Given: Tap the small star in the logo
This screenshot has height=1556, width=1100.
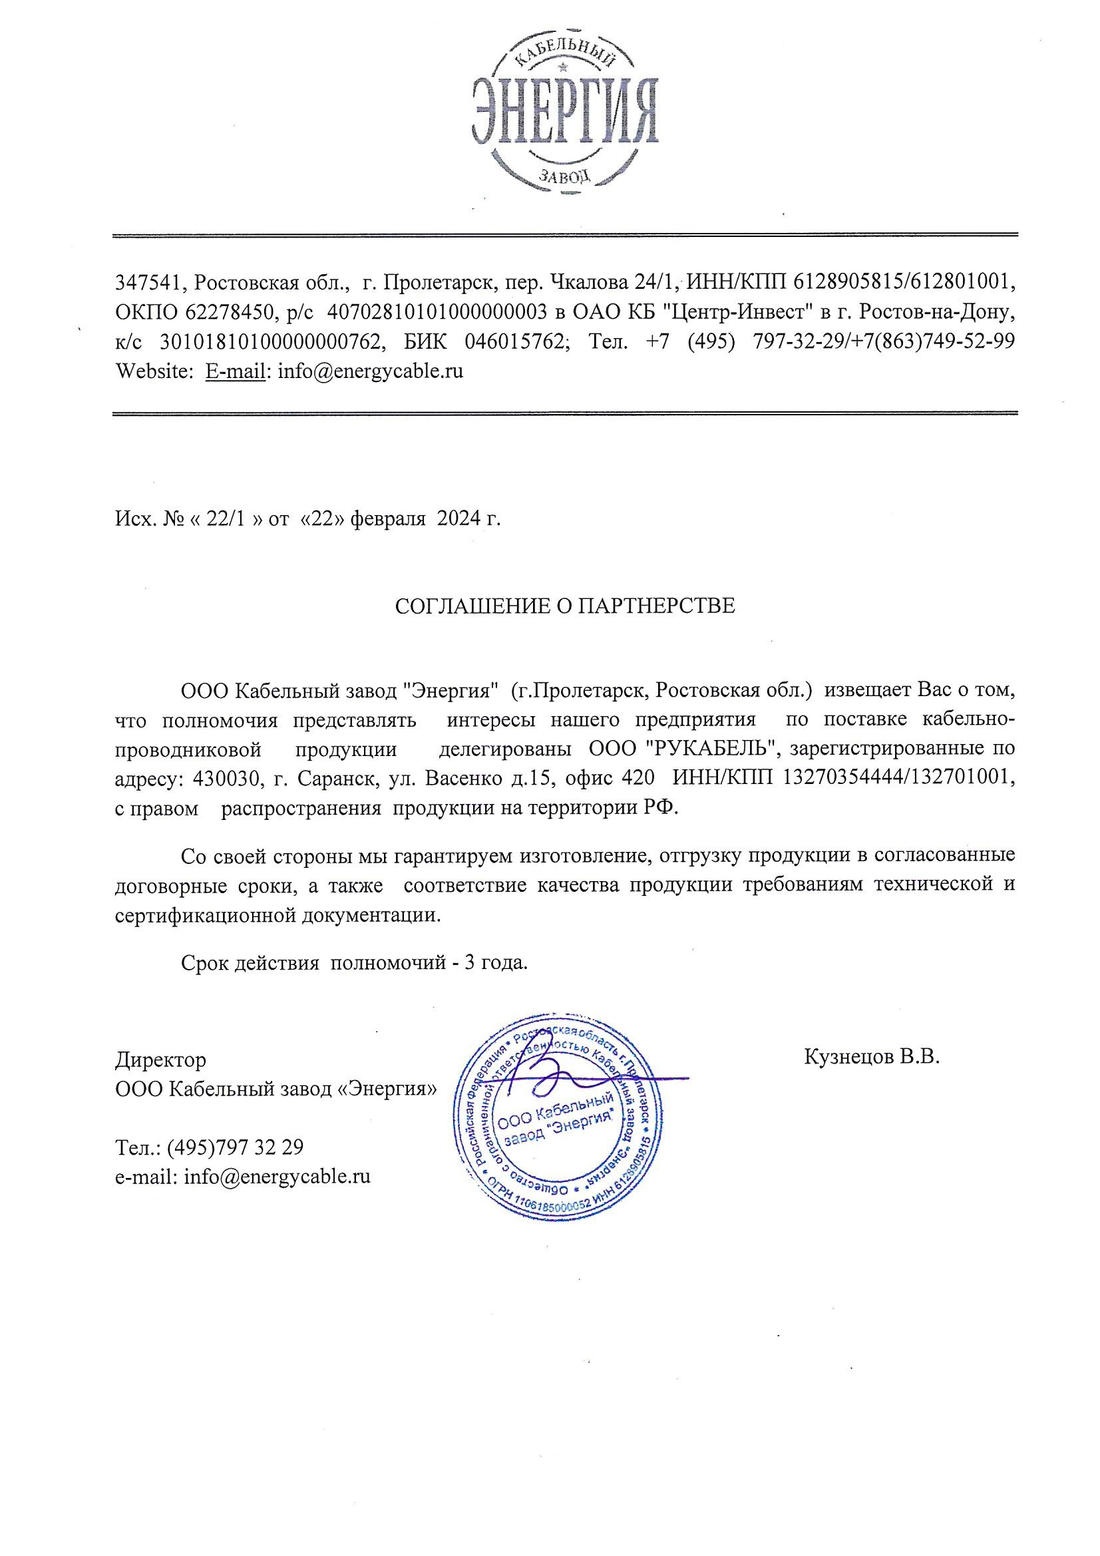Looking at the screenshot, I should tap(563, 68).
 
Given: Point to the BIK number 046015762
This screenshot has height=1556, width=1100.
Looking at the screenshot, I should tap(517, 341).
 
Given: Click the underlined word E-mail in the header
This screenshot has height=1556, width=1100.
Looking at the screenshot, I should tap(235, 371).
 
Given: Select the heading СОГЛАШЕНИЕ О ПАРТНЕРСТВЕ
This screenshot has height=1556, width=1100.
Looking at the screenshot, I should tap(564, 606).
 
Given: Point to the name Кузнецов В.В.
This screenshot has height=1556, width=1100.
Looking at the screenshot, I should tap(872, 1056).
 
